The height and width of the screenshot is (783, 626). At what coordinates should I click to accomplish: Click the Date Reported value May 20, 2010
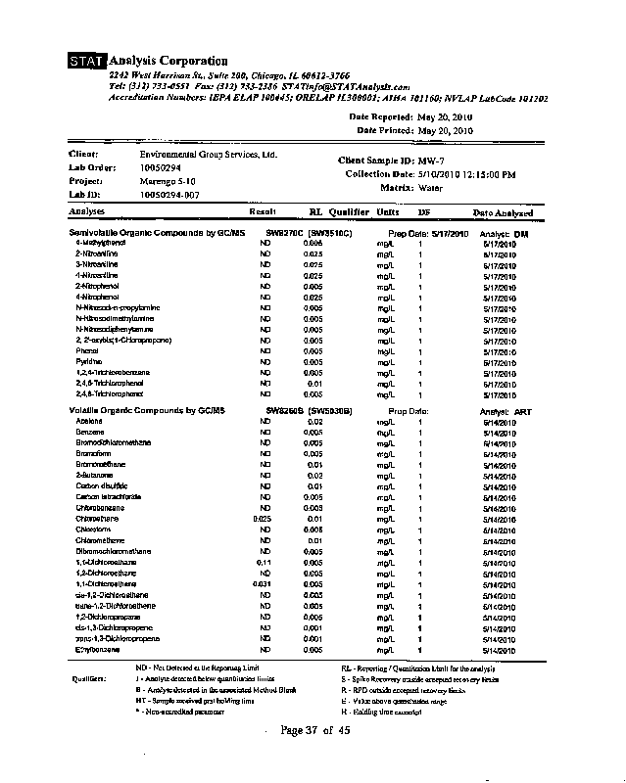[445, 117]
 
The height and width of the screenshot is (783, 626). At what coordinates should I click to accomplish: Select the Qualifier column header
[349, 211]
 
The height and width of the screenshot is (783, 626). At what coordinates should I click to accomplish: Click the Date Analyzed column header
[503, 212]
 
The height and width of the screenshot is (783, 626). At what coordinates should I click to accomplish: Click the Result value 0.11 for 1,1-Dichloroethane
[263, 564]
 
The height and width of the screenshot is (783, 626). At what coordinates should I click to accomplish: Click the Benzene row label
[90, 431]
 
